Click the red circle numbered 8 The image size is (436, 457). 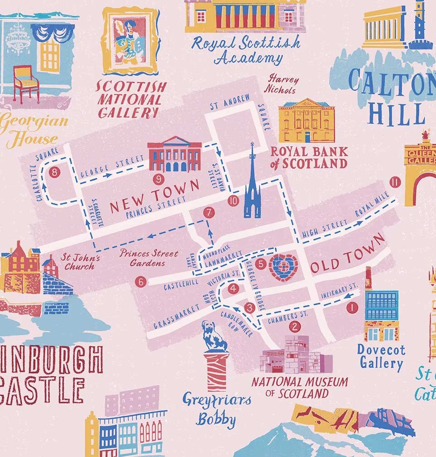(55, 172)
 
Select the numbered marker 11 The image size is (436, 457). (395, 182)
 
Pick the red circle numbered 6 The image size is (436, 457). (140, 282)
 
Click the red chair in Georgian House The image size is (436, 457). (26, 83)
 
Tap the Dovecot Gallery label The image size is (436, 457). (381, 357)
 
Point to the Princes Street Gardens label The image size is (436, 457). (149, 257)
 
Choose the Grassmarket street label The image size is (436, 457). (176, 317)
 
